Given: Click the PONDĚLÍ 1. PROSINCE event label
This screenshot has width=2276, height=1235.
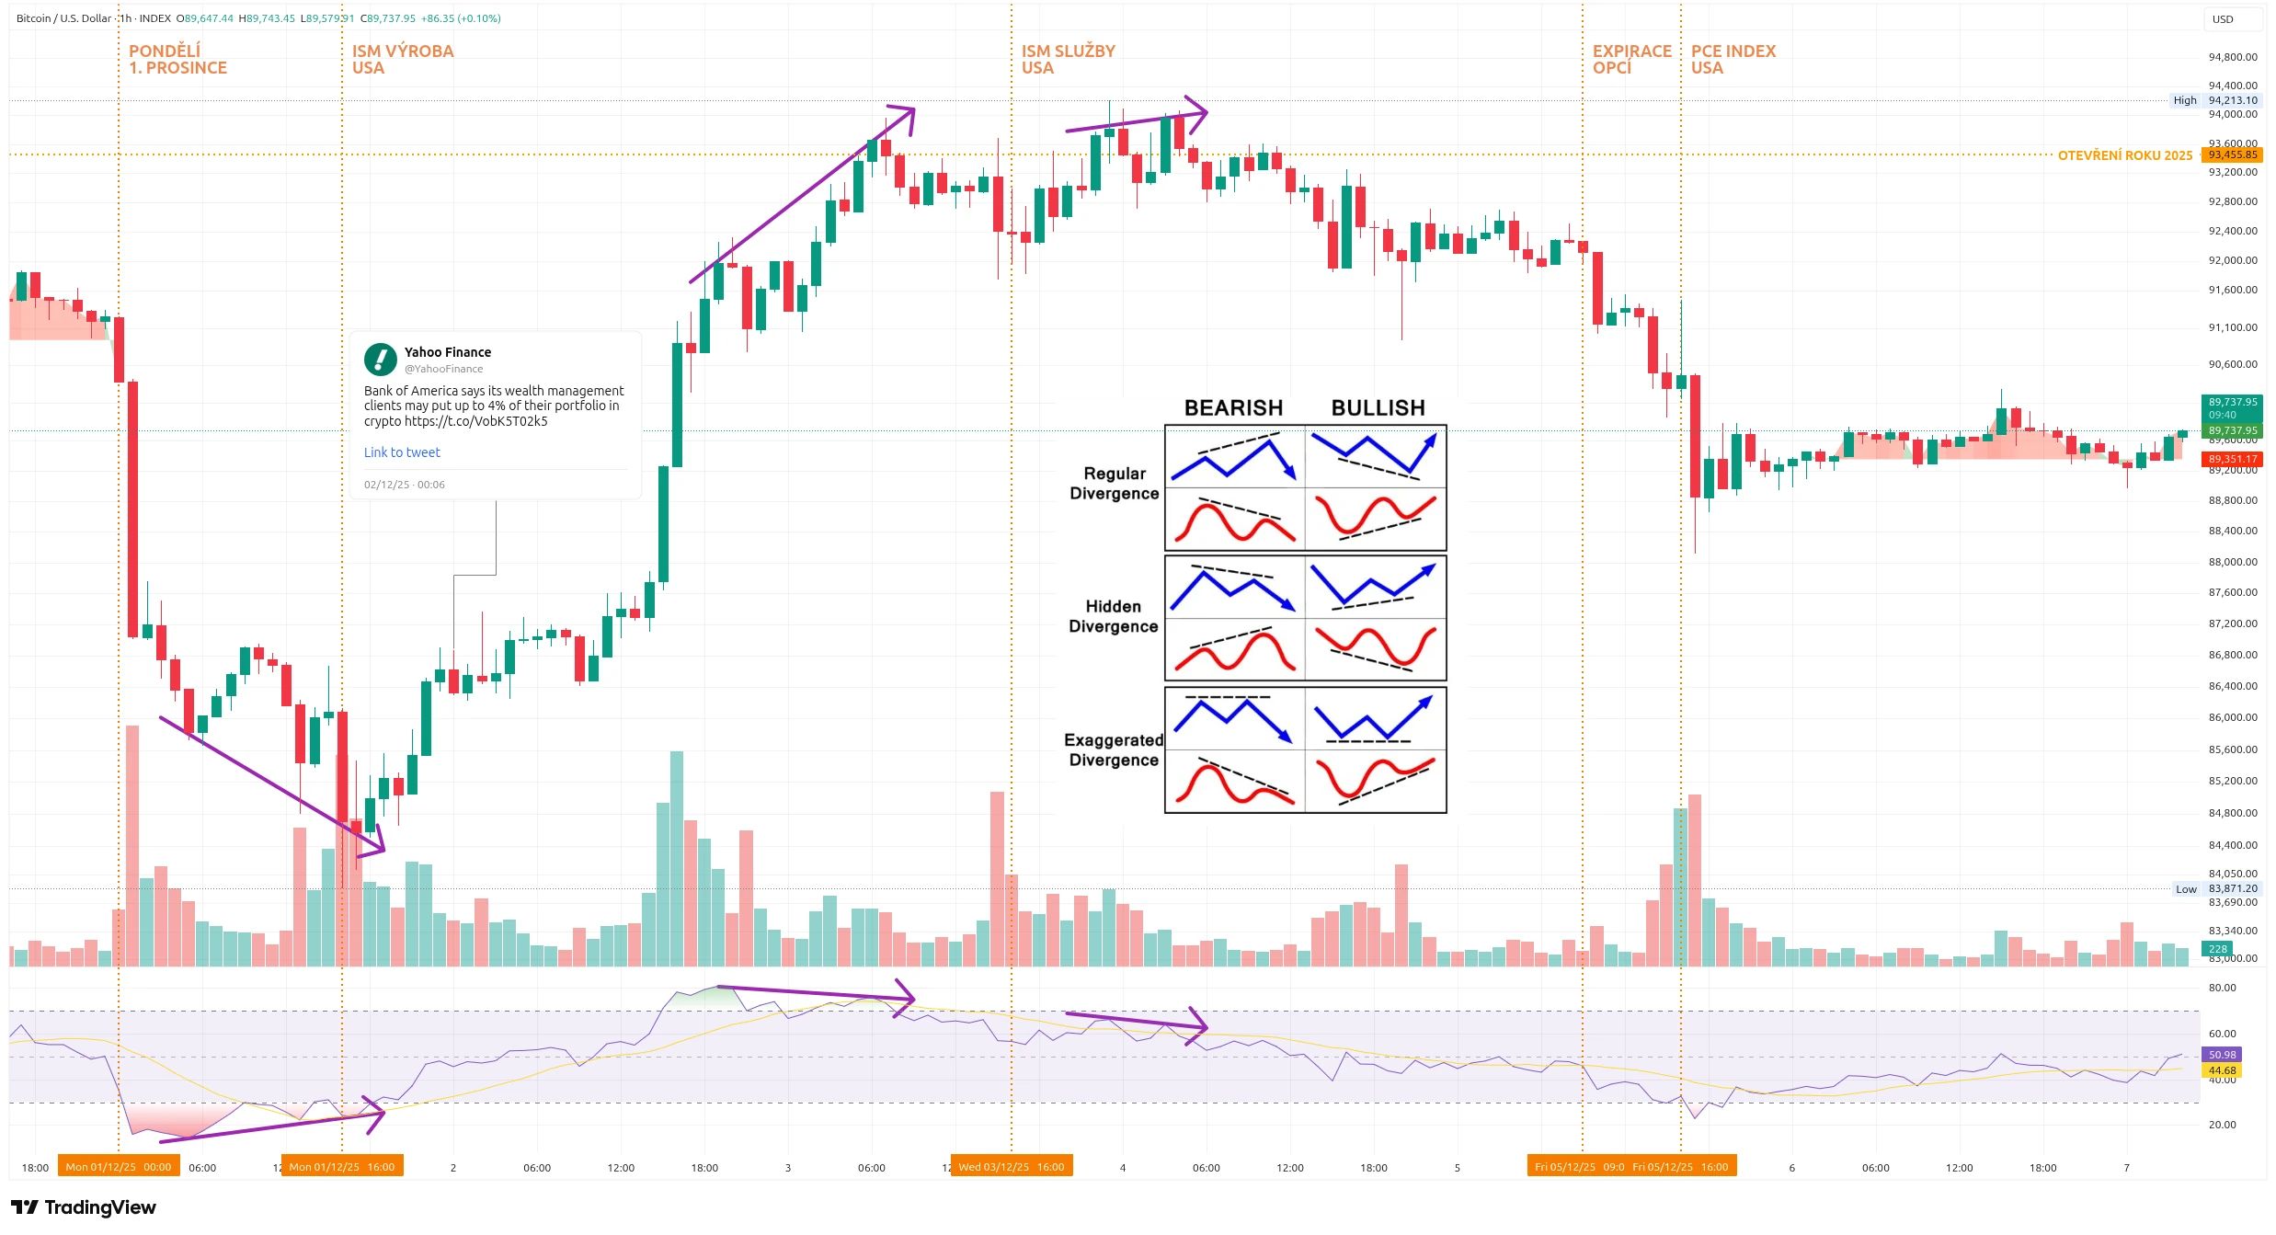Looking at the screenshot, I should pos(177,60).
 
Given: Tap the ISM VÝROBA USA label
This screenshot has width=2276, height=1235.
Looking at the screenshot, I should pos(402,60).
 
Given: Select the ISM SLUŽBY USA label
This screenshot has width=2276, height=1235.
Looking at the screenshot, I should pos(1068,60).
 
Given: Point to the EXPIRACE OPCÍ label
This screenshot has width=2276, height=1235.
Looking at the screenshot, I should pos(1631,60).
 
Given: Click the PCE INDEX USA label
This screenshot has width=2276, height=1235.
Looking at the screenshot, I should pos(1733,60).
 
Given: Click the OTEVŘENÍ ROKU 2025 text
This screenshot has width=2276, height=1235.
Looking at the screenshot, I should pos(2124,155).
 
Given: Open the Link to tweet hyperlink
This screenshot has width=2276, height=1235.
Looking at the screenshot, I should pos(402,452).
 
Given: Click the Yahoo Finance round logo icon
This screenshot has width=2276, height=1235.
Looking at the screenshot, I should pos(380,360).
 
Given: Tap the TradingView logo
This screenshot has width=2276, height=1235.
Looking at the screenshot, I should pos(84,1207).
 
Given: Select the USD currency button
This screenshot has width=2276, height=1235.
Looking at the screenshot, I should pos(2233,19).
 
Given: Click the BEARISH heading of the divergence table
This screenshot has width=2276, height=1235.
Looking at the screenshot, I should pos(1233,407).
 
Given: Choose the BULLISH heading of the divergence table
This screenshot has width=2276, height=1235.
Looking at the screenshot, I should pos(1378,407).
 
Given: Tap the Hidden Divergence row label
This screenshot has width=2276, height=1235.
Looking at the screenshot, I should pos(1113,616).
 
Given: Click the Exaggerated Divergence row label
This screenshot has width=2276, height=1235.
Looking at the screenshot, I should pos(1114,749).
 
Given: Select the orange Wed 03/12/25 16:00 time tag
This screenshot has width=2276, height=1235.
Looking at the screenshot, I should pos(1011,1167).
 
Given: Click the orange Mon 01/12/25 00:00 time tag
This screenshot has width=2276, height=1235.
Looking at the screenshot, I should pos(118,1167).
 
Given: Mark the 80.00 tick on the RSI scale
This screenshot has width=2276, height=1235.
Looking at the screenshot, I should pos(2222,988).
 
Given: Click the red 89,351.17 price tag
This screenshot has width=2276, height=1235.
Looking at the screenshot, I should pos(2232,459).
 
